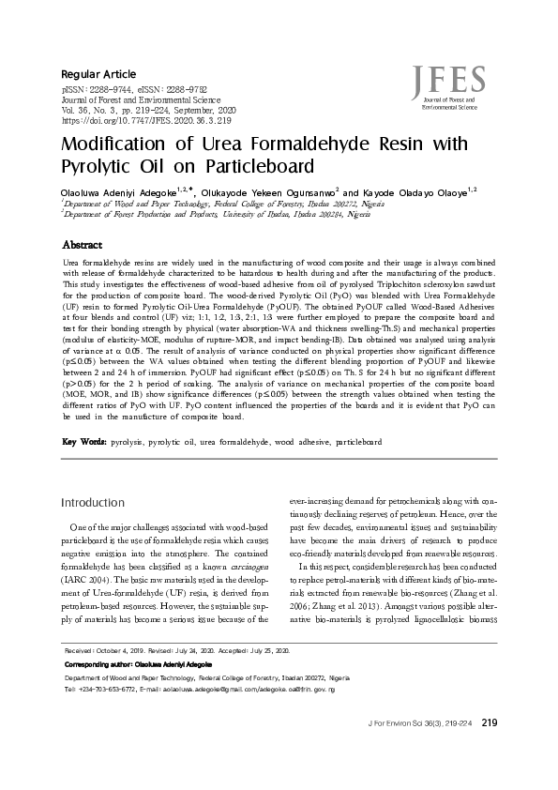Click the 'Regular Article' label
coord(98,73)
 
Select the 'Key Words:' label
coord(83,440)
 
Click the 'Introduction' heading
coord(92,503)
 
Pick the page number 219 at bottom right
coord(489,750)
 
